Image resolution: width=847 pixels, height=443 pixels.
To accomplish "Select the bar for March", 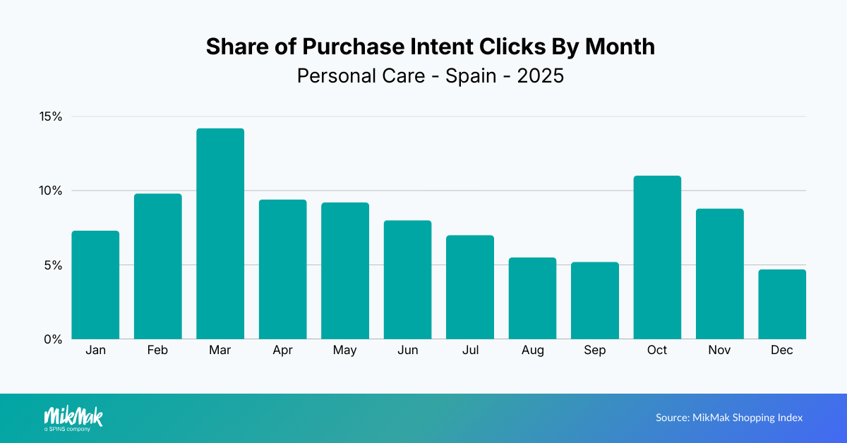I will pyautogui.click(x=220, y=233).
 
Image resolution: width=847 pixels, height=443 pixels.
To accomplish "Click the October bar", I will pyautogui.click(x=657, y=257).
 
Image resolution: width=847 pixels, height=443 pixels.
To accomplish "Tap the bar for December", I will pyautogui.click(x=782, y=304).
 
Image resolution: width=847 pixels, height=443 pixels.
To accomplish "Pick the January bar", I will pyautogui.click(x=95, y=285).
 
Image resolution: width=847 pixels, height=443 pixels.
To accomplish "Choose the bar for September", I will pyautogui.click(x=595, y=301).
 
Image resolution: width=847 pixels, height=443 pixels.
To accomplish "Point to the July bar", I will pyautogui.click(x=470, y=287).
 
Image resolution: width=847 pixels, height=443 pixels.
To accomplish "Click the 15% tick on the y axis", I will pyautogui.click(x=51, y=116).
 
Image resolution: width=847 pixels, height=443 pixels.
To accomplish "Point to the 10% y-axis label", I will pyautogui.click(x=51, y=190).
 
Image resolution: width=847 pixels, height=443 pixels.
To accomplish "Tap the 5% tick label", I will pyautogui.click(x=54, y=265).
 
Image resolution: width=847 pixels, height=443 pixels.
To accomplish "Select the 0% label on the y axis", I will pyautogui.click(x=54, y=339).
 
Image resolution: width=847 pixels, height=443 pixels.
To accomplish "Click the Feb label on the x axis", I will pyautogui.click(x=158, y=351).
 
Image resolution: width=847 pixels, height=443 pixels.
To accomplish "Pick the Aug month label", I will pyautogui.click(x=532, y=351).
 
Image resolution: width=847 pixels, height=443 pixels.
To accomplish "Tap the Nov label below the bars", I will pyautogui.click(x=719, y=351).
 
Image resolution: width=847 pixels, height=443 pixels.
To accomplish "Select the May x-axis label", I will pyautogui.click(x=345, y=351).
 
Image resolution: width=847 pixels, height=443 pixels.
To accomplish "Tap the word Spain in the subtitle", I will pyautogui.click(x=471, y=75).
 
